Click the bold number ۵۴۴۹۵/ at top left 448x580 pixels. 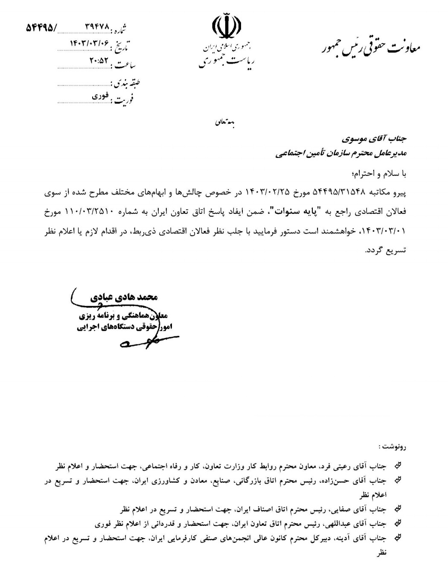pos(41,27)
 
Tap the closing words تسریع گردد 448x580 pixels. pos(386,251)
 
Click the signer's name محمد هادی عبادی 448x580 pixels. pos(123,297)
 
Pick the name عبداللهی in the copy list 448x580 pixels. pos(339,522)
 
